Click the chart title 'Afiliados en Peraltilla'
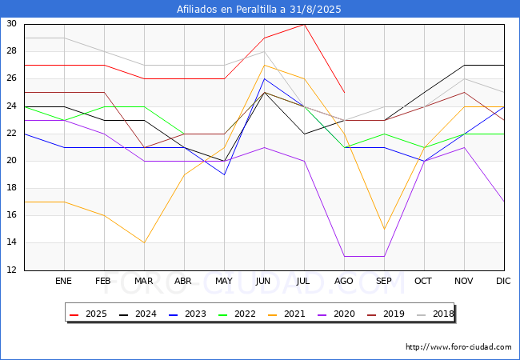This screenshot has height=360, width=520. coord(226,10)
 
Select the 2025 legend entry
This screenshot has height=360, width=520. coord(88,314)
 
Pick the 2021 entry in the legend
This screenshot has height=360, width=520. coord(286,314)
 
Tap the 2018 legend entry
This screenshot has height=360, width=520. coord(434,314)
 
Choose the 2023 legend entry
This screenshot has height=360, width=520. coord(187,314)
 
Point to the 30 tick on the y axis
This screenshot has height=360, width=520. coord(12,23)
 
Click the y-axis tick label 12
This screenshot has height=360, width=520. coord(12,270)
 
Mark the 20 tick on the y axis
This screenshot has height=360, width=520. coord(12,161)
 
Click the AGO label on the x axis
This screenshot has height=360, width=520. coord(343,281)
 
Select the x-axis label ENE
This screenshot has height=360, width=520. coord(63,281)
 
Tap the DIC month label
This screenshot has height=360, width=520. coord(503,281)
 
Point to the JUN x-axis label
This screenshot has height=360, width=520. coord(263,281)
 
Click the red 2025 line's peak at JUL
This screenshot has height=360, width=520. coord(304,25)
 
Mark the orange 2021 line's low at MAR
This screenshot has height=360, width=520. coord(144,242)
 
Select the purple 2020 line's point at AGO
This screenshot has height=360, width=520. coord(344,256)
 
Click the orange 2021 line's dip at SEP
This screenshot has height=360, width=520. coord(384,229)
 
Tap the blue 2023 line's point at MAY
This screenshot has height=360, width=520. coord(224,174)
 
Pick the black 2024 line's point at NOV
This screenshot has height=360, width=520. coord(464,66)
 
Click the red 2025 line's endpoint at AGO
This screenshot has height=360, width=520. coord(344,93)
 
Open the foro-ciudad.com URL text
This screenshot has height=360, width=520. coord(458,346)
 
